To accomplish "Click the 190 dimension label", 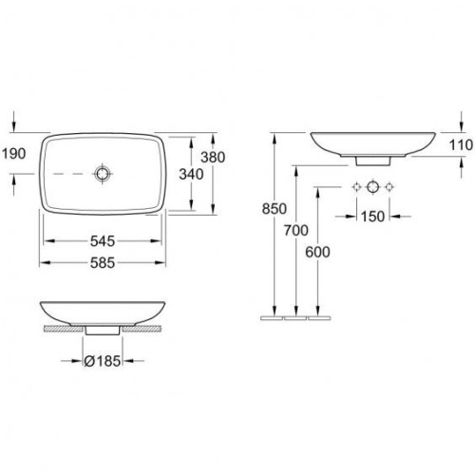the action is click(14, 154).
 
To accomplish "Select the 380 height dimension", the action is click(213, 157).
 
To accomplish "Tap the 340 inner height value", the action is click(191, 175).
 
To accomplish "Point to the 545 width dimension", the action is click(103, 241).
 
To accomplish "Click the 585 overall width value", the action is click(103, 263).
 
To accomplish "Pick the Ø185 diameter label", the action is click(103, 361).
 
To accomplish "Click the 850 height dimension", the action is click(275, 209).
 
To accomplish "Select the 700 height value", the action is click(296, 230).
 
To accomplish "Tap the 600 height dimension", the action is click(317, 252).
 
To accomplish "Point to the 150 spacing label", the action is click(372, 217).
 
